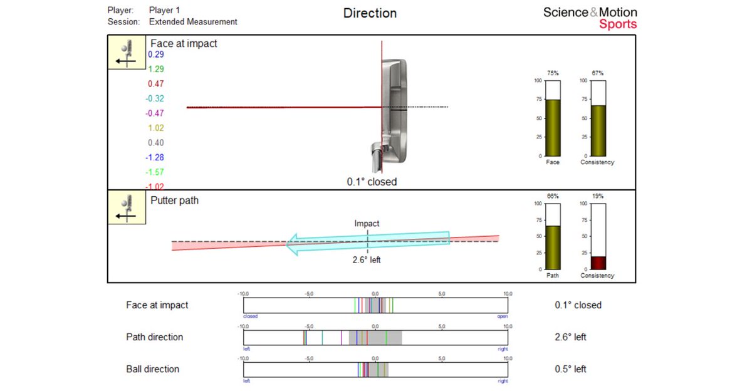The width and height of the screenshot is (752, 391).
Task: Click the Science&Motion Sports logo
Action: [x=590, y=18]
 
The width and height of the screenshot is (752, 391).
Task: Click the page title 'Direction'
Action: [x=370, y=13]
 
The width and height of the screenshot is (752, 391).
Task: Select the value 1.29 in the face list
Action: [x=155, y=69]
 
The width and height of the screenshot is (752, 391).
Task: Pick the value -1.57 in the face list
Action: [x=155, y=172]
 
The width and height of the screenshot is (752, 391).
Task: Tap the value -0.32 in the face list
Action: [x=155, y=98]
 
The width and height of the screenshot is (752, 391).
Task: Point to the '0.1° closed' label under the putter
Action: [x=372, y=182]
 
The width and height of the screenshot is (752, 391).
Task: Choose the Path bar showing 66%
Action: [x=553, y=247]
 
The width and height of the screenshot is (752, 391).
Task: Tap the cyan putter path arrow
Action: [x=368, y=242]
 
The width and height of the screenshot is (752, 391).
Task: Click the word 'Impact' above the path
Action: [x=367, y=223]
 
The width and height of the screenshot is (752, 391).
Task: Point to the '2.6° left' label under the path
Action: [x=367, y=260]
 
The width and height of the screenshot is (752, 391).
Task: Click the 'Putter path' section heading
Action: [x=174, y=201]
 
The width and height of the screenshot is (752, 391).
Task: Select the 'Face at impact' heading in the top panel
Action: [x=184, y=44]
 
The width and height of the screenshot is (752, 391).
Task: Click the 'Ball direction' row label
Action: [x=152, y=369]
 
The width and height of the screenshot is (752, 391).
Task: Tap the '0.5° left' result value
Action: [x=570, y=369]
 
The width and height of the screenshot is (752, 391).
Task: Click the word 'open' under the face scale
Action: [x=502, y=316]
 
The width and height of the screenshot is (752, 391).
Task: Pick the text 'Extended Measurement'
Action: [x=193, y=21]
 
